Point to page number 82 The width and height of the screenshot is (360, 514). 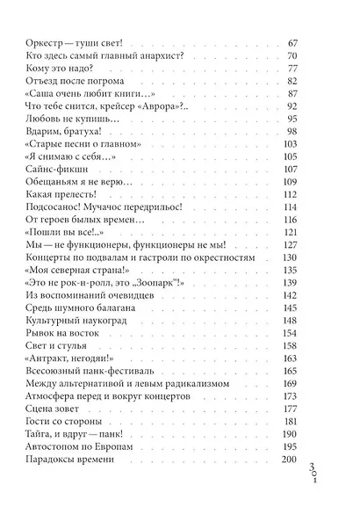(294, 80)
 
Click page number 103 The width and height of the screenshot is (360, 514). (292, 141)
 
